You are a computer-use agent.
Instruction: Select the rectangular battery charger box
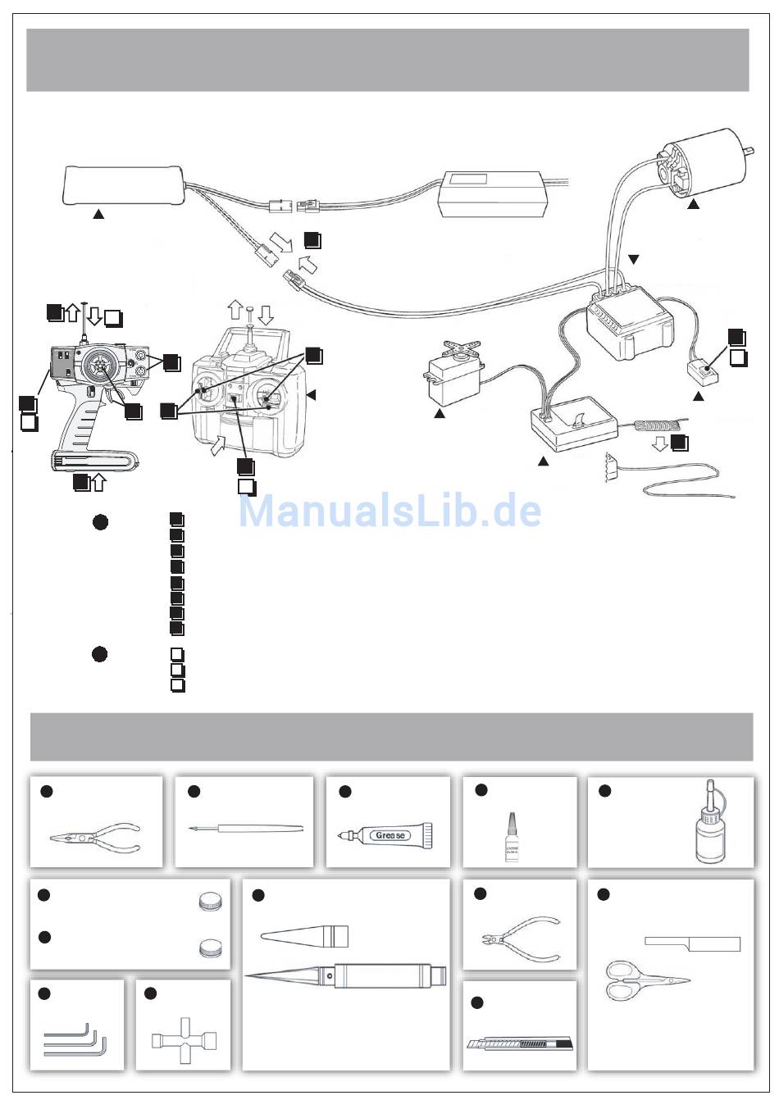[494, 194]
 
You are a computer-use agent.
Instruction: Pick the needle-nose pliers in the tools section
[95, 839]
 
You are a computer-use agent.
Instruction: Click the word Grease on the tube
[390, 835]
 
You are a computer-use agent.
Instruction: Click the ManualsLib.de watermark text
[390, 511]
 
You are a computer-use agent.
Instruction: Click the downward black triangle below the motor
[633, 260]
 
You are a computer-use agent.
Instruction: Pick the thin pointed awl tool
[246, 829]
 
